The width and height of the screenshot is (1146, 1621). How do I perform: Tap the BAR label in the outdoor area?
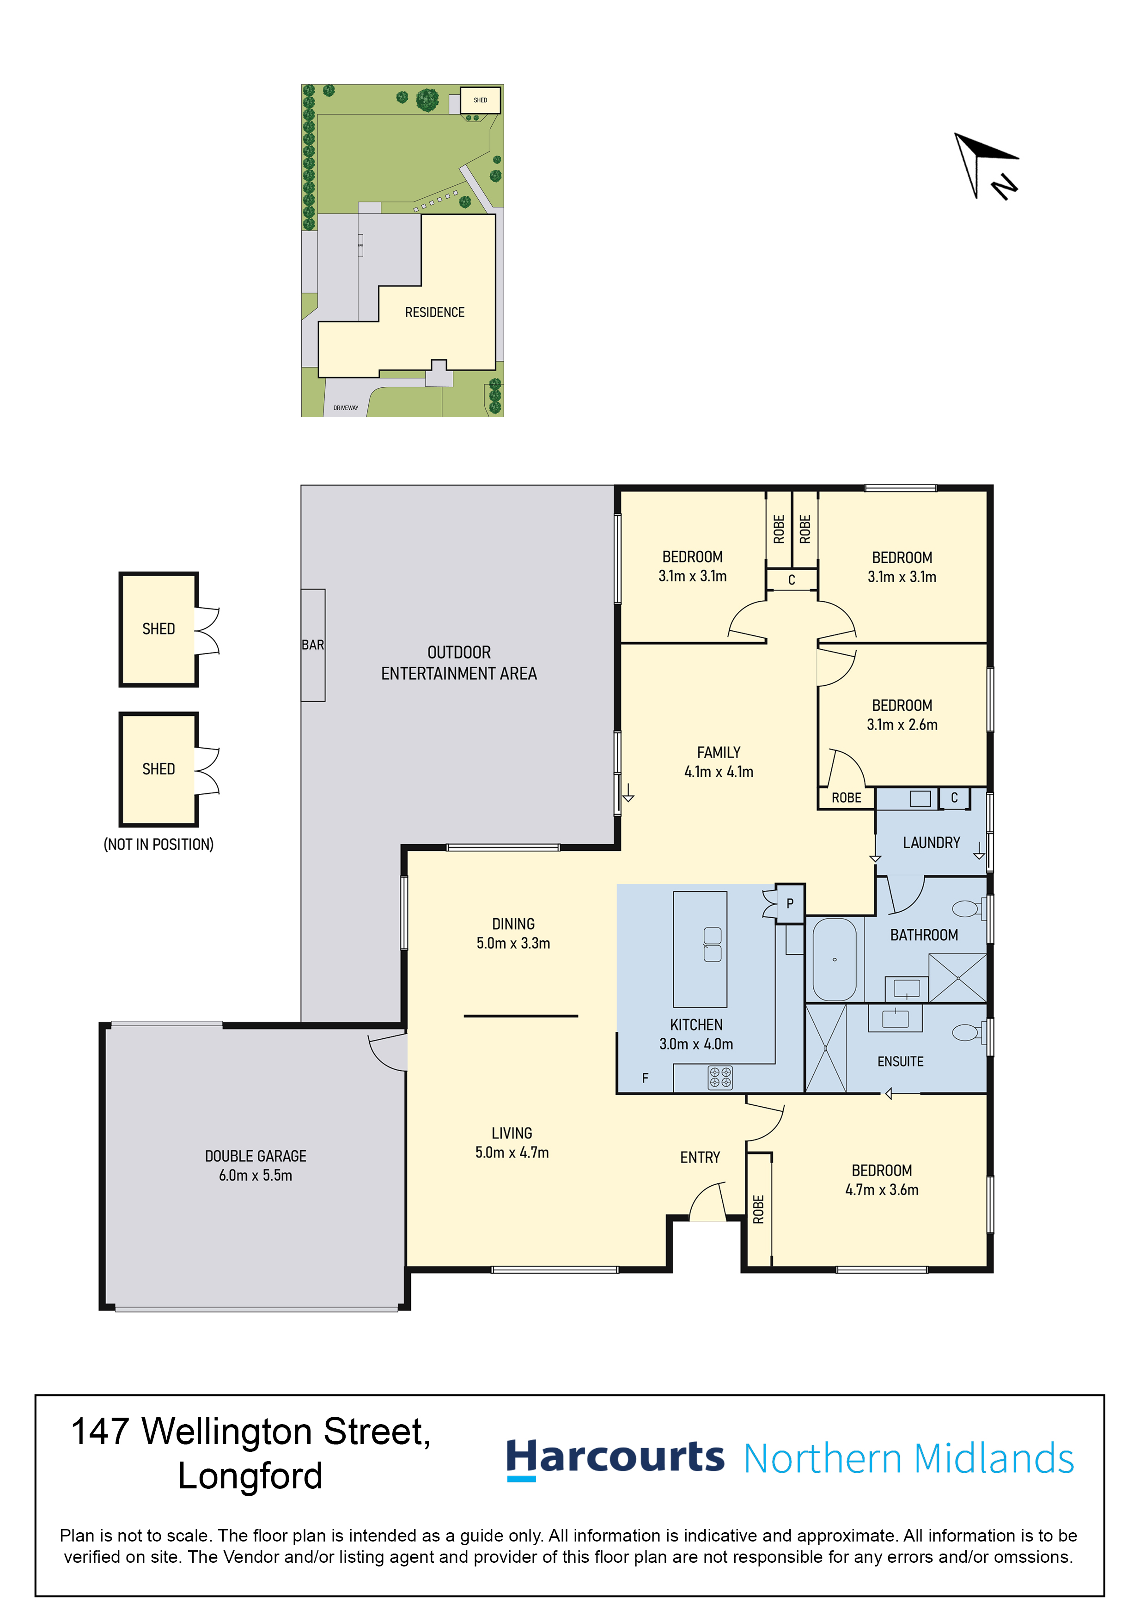313,645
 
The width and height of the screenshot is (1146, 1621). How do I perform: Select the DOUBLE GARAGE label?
256,1156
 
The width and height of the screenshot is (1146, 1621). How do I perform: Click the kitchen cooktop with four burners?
720,1078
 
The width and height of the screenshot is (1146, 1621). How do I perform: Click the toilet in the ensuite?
968,1033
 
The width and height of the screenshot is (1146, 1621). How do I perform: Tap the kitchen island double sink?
713,945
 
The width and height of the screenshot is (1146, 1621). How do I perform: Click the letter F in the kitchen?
646,1078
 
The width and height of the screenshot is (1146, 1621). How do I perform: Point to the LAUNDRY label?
931,842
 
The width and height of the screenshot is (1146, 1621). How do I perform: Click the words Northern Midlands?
909,1459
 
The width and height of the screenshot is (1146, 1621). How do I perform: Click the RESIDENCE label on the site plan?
434,312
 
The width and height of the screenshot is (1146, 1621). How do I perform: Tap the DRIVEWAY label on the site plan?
346,408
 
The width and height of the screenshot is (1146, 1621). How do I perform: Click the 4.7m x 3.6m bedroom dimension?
882,1189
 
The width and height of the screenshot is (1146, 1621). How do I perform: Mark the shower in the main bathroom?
957,978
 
